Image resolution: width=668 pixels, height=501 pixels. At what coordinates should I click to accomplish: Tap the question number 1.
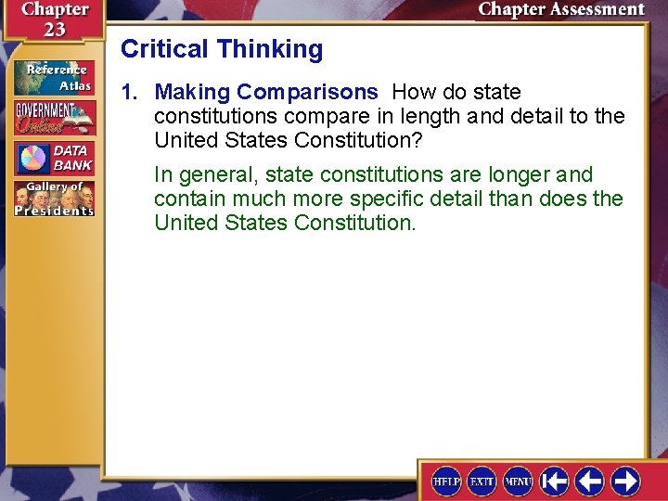(129, 93)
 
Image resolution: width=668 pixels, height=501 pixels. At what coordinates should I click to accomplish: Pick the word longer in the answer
(520, 174)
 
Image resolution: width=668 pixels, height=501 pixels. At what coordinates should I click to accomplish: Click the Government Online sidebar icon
(54, 119)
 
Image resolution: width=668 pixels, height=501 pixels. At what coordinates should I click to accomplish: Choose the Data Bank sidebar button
(54, 158)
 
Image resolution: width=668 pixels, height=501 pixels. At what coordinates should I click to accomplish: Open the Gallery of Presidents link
(54, 198)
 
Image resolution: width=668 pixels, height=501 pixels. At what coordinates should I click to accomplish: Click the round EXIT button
(482, 481)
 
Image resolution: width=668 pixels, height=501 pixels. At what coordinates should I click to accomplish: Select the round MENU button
(518, 481)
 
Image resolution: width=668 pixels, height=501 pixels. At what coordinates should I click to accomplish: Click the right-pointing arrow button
(625, 481)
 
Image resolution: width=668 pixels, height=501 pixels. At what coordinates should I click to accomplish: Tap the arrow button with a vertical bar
(554, 481)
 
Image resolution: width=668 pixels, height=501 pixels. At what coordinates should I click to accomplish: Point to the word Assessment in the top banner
(591, 10)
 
